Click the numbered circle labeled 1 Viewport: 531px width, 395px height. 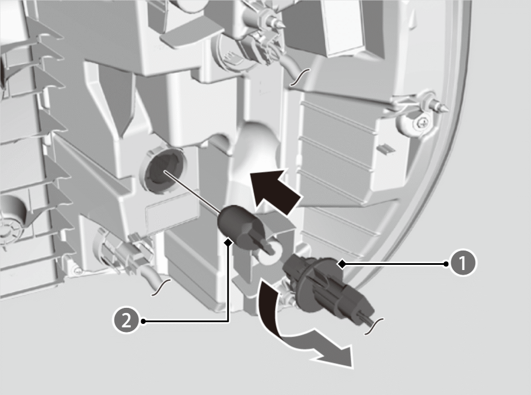463,263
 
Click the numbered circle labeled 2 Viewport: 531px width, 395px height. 126,320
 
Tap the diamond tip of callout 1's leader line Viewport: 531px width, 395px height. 343,264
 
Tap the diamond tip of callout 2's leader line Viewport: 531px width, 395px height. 228,242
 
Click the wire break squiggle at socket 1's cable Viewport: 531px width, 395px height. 374,326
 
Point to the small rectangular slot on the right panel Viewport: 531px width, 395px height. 385,148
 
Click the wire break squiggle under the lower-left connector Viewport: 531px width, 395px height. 161,287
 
